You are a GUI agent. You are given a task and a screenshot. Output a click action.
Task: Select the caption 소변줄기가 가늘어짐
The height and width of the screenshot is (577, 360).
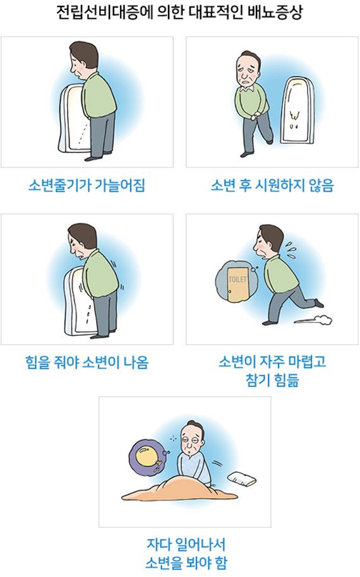click(87, 185)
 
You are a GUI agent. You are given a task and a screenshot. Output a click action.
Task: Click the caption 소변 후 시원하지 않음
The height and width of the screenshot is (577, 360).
click(272, 185)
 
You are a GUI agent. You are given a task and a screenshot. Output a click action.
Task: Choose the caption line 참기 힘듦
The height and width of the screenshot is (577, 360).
click(272, 379)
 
